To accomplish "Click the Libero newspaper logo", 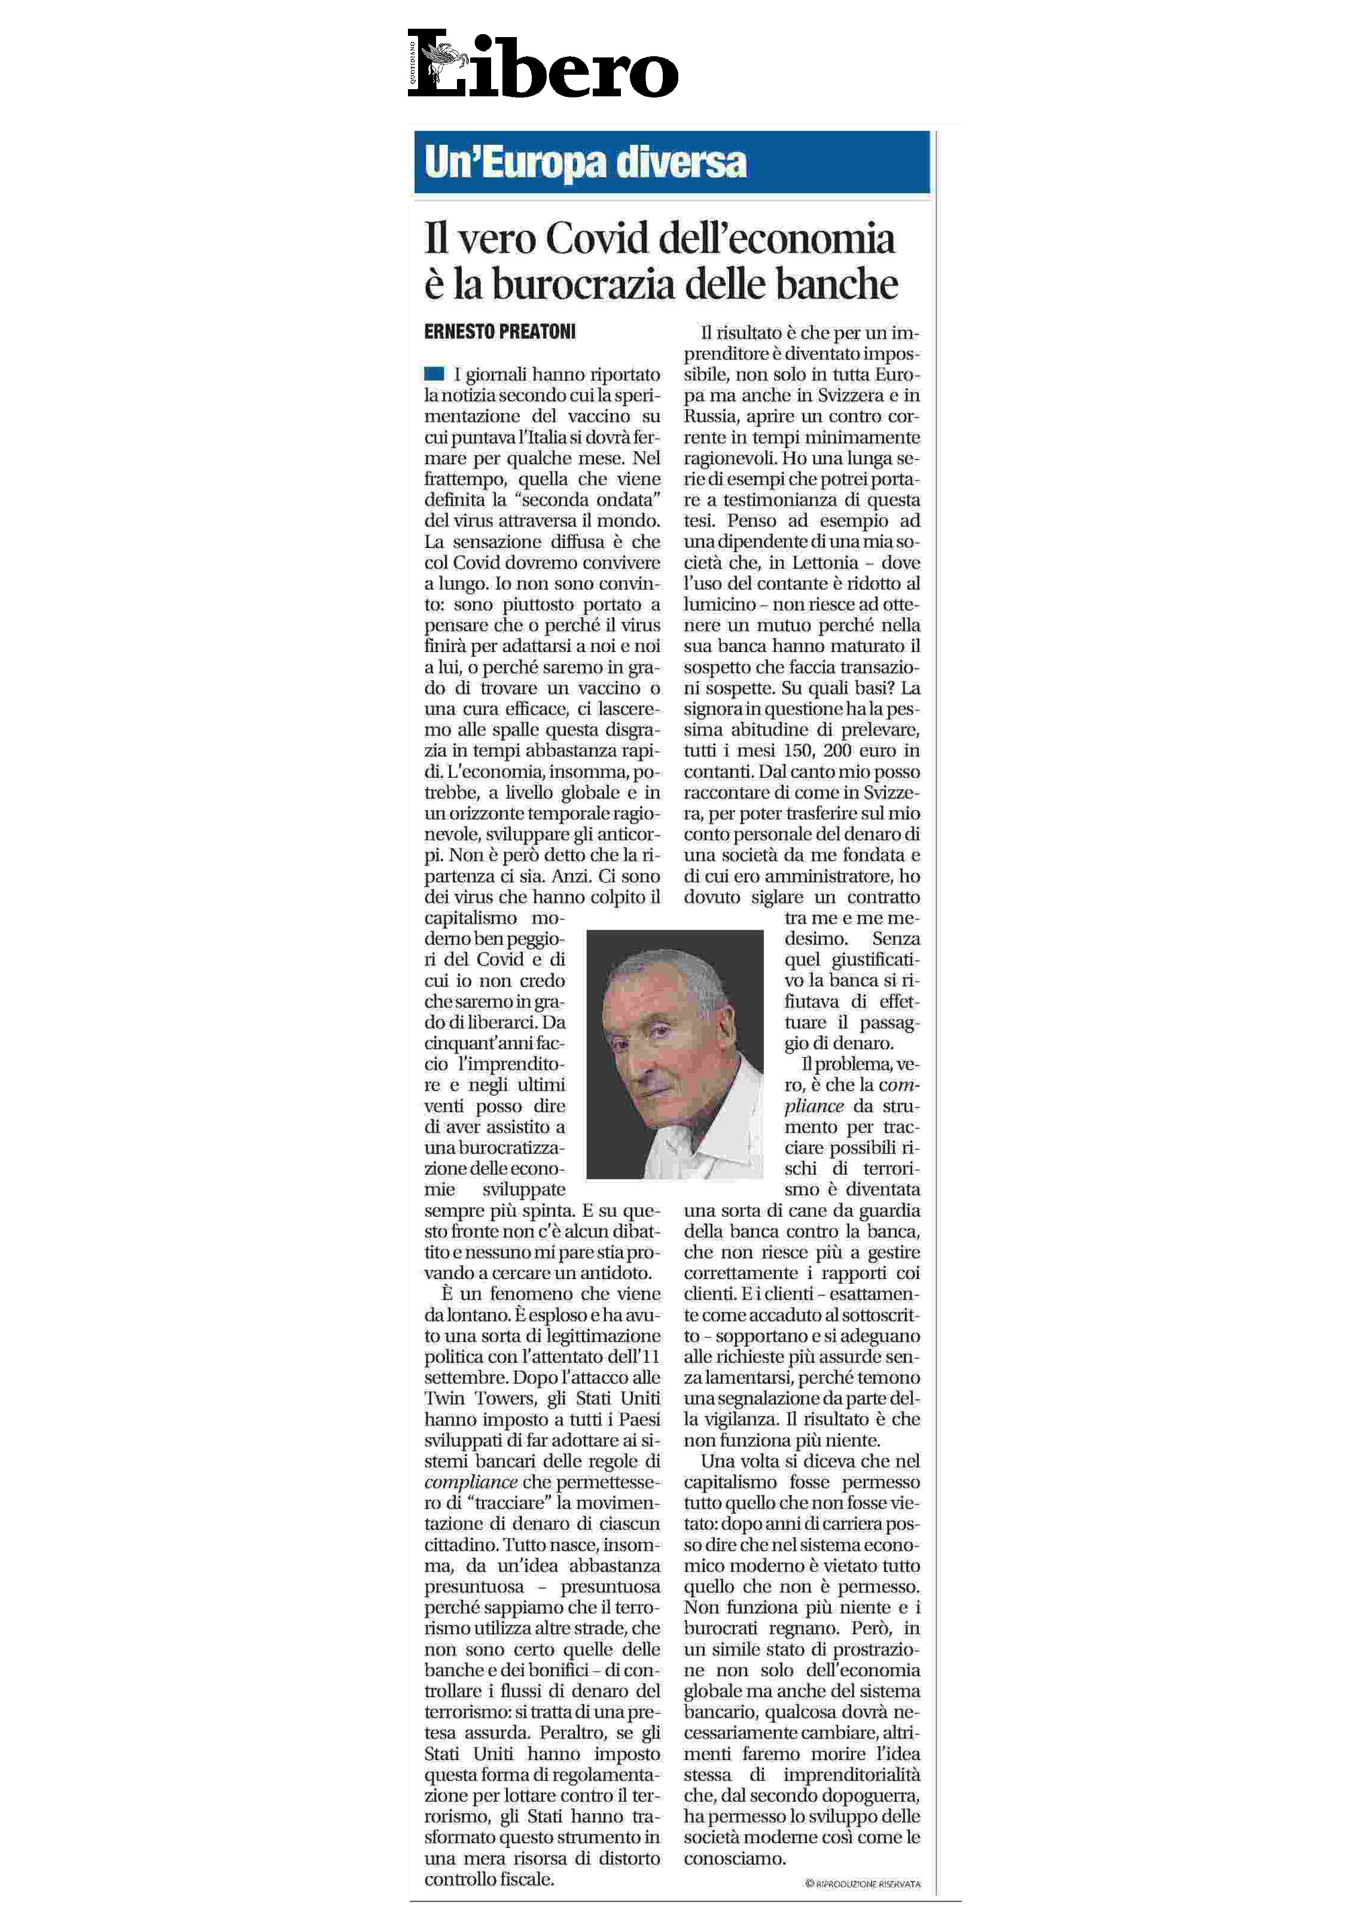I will click(543, 64).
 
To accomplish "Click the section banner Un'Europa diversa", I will click(585, 162).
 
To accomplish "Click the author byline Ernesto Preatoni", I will click(499, 332).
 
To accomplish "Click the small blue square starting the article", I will click(434, 374).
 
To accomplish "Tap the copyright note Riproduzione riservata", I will click(863, 1884).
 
